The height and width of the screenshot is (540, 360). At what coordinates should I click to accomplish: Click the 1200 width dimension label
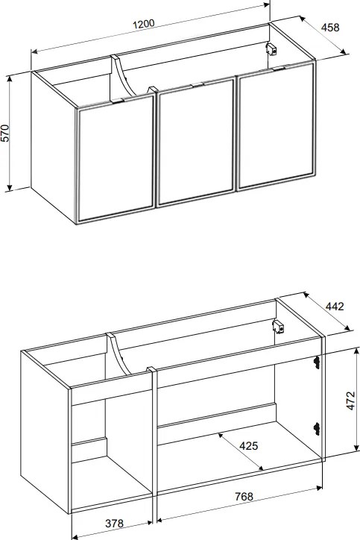click(x=144, y=25)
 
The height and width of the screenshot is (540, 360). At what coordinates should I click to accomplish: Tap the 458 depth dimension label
click(x=330, y=28)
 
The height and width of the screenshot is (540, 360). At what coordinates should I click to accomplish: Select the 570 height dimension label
click(x=6, y=133)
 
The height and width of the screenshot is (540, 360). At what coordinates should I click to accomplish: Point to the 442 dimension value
click(x=334, y=306)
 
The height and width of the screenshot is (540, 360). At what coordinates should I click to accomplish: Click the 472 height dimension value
click(x=351, y=401)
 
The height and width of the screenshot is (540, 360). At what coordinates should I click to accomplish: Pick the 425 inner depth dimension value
click(x=248, y=446)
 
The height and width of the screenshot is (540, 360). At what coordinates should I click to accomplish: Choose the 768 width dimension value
click(x=244, y=496)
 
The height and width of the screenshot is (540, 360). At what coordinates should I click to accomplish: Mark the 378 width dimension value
click(x=114, y=523)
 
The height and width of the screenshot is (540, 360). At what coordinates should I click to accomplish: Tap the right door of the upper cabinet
click(x=277, y=126)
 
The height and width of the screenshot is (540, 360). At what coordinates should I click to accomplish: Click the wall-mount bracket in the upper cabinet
click(x=272, y=49)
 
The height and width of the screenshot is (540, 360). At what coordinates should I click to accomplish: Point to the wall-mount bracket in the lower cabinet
click(x=278, y=327)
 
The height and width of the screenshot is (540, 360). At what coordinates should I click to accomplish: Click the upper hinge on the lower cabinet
click(x=317, y=362)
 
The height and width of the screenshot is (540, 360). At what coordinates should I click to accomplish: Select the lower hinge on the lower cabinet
click(x=317, y=429)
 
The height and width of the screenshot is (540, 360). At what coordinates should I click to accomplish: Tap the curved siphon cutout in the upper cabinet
click(x=123, y=77)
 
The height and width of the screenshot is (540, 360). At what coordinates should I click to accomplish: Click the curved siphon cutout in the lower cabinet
click(x=119, y=354)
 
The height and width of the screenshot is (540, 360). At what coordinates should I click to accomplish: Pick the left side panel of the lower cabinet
click(x=45, y=432)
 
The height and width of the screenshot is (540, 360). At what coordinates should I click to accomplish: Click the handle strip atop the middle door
click(x=198, y=84)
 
